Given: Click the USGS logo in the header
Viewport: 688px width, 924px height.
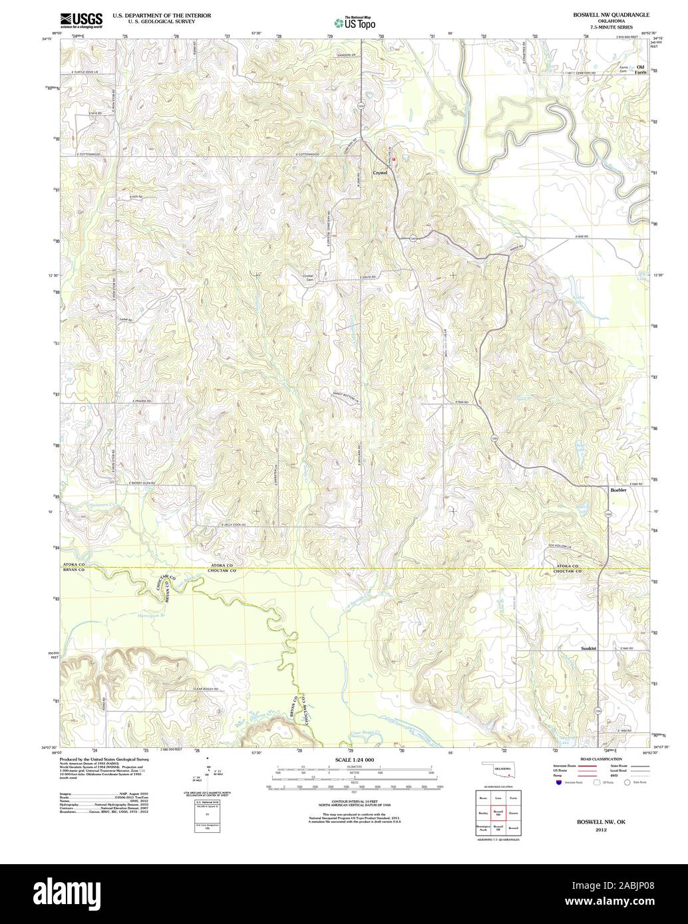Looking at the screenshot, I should coord(81,20).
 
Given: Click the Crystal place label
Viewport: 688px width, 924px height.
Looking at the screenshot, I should coord(380,173).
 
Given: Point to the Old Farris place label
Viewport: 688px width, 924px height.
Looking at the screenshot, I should coord(641,70).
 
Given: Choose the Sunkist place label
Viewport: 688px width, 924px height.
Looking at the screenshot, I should coord(588,647).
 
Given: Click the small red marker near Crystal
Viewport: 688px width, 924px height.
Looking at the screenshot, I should coord(393,159).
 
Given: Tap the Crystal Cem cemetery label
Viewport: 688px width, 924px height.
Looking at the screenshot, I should coord(308,278).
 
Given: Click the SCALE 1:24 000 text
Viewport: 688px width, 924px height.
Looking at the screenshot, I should coord(354,759).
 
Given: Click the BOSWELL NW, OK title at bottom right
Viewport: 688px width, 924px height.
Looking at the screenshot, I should coord(601,822).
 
